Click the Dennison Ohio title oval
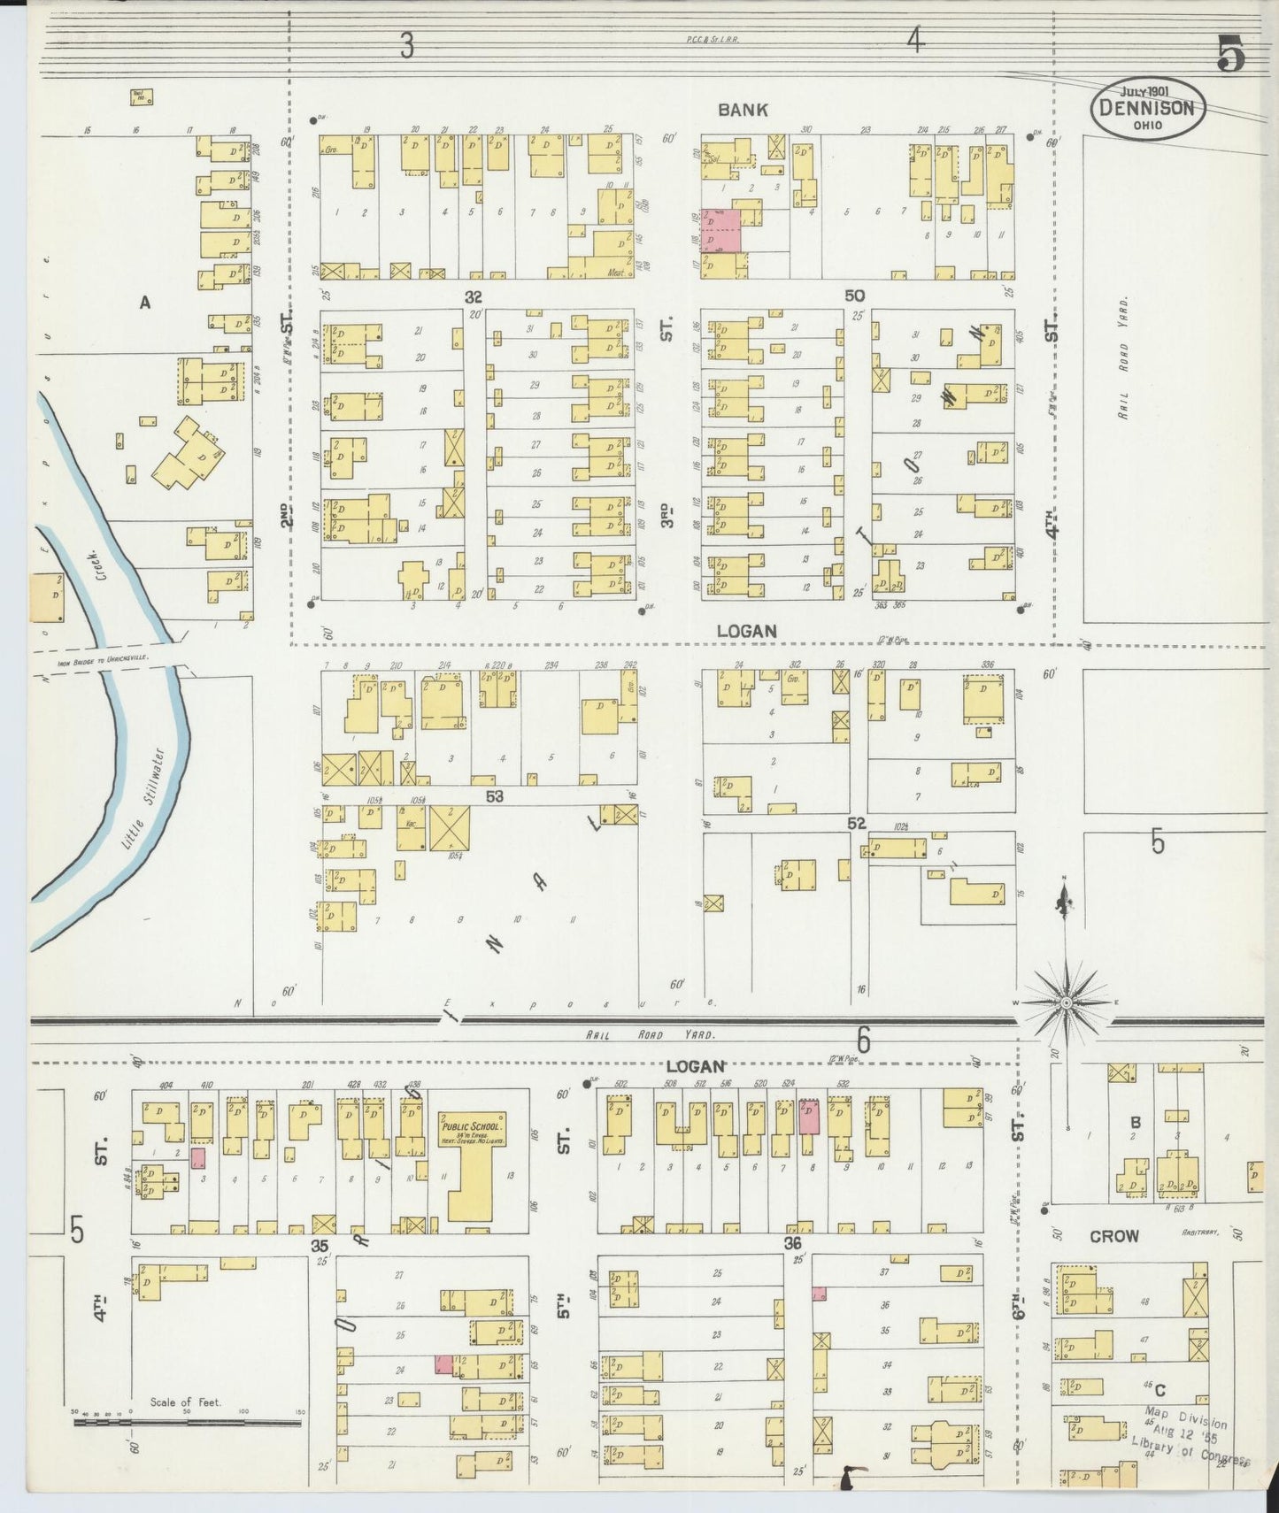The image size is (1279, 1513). pyautogui.click(x=1149, y=109)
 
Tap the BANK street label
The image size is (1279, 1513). pyautogui.click(x=743, y=110)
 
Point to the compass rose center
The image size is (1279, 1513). pyautogui.click(x=1067, y=1002)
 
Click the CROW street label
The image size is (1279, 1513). pyautogui.click(x=1113, y=1236)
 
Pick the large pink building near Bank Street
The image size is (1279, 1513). pyautogui.click(x=720, y=230)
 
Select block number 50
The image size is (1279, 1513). pyautogui.click(x=854, y=296)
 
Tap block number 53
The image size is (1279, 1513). pyautogui.click(x=494, y=796)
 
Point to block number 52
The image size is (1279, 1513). pyautogui.click(x=856, y=824)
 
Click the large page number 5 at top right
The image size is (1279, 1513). pyautogui.click(x=1230, y=56)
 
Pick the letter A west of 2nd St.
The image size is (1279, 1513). pyautogui.click(x=145, y=303)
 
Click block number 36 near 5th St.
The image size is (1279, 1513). pyautogui.click(x=792, y=1243)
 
